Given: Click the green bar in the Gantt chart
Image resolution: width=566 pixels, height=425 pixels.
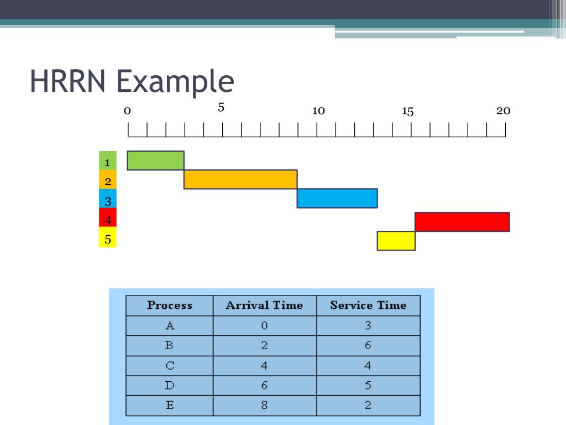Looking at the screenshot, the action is (155, 160).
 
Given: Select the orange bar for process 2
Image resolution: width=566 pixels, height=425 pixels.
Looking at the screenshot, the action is (240, 179).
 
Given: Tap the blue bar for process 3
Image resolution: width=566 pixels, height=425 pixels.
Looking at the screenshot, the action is (337, 198).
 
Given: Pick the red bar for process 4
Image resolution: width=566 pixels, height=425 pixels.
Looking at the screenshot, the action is (462, 222).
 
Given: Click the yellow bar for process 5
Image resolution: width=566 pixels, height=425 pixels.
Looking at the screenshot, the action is (396, 241).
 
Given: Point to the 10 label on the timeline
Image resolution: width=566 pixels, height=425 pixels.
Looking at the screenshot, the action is (318, 111).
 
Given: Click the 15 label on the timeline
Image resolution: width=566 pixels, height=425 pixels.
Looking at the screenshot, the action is (408, 112).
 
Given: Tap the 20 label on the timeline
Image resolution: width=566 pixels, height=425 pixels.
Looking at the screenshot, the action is (503, 111).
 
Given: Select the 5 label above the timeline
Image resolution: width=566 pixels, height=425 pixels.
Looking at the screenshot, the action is (221, 107).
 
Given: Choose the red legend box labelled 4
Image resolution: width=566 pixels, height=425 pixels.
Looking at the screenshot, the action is (108, 220).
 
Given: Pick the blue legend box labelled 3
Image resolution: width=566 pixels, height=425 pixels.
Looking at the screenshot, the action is (108, 201).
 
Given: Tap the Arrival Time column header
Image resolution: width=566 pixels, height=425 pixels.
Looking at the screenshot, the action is (264, 305).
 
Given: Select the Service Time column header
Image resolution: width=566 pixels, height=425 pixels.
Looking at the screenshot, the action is (368, 305).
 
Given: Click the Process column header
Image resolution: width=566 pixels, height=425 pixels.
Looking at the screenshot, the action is (170, 305).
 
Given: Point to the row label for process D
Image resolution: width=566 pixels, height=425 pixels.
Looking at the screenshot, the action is (170, 385).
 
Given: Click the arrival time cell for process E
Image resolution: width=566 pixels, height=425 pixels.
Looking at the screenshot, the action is (264, 405).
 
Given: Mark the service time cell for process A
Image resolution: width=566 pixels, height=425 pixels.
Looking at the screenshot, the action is (368, 325).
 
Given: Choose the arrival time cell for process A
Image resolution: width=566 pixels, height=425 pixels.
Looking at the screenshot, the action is (264, 325).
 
